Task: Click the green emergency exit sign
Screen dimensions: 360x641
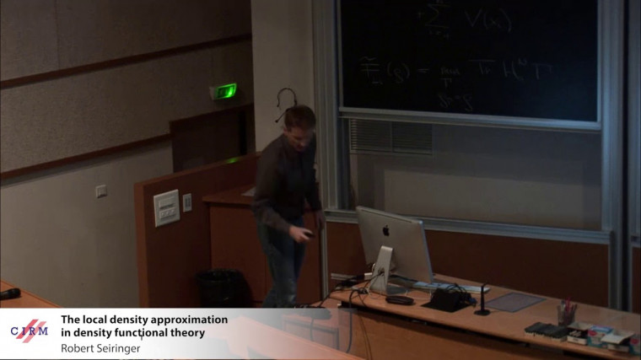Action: pos(224,91)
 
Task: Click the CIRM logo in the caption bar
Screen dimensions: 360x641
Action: pos(29,330)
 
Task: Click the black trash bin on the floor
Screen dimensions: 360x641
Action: pos(218,288)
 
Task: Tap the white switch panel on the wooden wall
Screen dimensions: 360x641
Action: pos(166,207)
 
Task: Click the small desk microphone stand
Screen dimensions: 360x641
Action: pos(482,301)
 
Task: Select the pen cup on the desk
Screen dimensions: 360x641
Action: pos(567,314)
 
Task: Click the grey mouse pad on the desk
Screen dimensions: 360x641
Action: pos(515,302)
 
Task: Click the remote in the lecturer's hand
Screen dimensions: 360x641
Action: pos(307,234)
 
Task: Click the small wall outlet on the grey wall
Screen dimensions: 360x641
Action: pos(101,191)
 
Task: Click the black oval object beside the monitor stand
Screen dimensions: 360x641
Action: pos(399,299)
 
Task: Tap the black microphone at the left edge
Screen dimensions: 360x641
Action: pos(9,293)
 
